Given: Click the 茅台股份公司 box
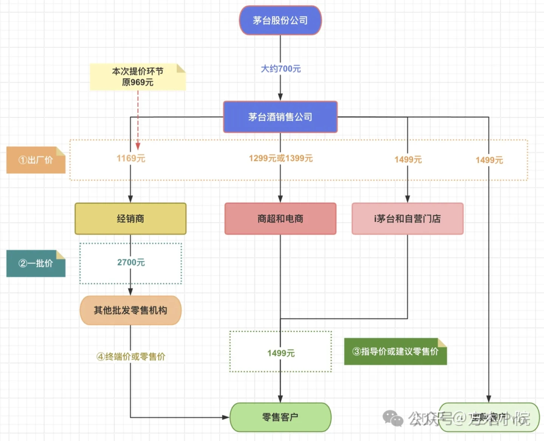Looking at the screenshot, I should coord(280,21).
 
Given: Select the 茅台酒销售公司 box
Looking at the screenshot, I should coord(280,117).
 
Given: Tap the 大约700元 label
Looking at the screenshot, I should coord(281,69).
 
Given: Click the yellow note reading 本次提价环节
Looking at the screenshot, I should coord(138,77).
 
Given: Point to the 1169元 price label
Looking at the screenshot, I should coord(130,159).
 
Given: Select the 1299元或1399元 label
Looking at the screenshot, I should coord(281,159).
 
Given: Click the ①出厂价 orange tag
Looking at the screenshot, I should coord(36,160).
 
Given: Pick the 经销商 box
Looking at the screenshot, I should coord(130,218).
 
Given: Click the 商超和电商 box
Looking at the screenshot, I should coord(280,218).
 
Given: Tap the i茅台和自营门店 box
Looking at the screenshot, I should coord(407,218).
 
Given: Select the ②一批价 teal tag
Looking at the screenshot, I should coord(36,263).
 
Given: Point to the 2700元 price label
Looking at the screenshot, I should coord(130,263).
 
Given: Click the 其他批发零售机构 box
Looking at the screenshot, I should coord(130,310).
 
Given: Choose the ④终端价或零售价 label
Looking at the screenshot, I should coord(130,356).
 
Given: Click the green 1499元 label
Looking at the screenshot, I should coord(281,353).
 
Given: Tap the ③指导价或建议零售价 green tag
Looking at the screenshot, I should coord(395,351).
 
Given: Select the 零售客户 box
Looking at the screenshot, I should coord(280,417).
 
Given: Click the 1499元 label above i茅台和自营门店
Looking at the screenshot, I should coord(408,160).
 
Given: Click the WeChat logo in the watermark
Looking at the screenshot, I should coord(393,418).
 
